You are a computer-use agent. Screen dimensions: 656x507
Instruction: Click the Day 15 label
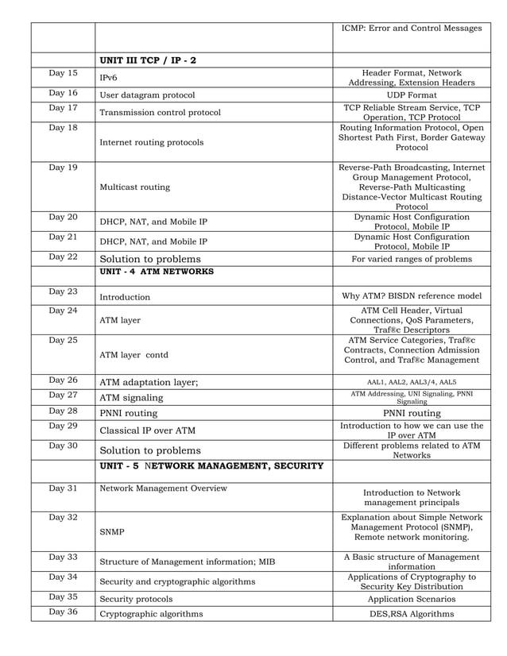click(63, 74)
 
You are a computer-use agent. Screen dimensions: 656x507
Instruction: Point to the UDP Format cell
click(411, 95)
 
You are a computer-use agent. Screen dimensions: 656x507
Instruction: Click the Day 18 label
click(63, 128)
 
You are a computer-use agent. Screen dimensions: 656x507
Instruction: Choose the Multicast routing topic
click(134, 187)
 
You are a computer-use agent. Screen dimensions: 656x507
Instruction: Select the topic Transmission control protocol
click(160, 112)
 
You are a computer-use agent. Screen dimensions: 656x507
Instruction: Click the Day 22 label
click(63, 256)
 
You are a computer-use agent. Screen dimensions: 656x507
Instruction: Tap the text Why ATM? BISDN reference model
click(411, 297)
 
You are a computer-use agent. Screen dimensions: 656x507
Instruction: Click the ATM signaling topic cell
click(131, 398)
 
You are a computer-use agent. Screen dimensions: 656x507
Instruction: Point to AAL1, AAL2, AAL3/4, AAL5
click(411, 381)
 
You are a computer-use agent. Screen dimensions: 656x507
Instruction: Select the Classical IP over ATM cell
click(147, 430)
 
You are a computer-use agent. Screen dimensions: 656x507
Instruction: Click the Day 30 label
click(63, 445)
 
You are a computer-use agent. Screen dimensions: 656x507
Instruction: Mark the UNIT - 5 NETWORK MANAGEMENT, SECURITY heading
click(211, 465)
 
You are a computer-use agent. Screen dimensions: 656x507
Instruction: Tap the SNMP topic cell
click(111, 531)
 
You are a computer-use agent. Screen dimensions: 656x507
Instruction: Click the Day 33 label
click(63, 557)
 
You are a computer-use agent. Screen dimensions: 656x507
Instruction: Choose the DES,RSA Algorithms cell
click(411, 614)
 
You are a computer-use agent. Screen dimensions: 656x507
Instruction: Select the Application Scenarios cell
click(411, 599)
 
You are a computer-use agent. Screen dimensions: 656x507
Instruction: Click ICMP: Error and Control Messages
click(411, 29)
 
